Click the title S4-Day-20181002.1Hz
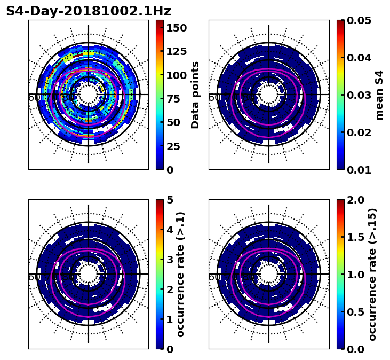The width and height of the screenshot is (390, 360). tap(89, 11)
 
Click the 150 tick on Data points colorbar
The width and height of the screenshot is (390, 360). tap(176, 28)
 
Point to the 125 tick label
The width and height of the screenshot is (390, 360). tap(176, 51)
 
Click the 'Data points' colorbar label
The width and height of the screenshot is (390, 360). tap(195, 95)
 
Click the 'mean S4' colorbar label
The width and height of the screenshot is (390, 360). tap(379, 95)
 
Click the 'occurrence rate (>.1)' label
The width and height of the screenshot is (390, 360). tap(181, 274)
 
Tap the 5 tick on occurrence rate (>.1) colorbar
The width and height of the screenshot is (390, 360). tap(170, 200)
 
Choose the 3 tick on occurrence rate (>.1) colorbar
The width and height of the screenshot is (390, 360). tap(170, 260)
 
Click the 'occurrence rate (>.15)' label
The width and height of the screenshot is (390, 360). tap(372, 274)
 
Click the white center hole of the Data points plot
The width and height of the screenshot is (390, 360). tap(89, 95)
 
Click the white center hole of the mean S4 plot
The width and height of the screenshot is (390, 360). tap(269, 95)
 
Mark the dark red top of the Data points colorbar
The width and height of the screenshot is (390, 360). tap(159, 22)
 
